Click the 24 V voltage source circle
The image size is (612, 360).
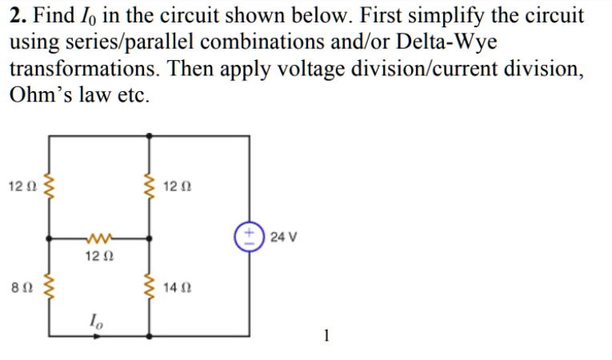249,237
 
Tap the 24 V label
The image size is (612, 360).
284,237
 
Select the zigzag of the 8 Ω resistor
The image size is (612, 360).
50,286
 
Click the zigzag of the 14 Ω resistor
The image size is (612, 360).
149,286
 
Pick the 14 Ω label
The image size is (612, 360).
178,286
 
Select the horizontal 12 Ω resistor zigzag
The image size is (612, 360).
99,238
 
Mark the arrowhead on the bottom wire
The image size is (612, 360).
98,335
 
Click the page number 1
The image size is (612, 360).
326,335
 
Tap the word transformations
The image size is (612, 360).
78,68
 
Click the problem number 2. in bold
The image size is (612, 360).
17,15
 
